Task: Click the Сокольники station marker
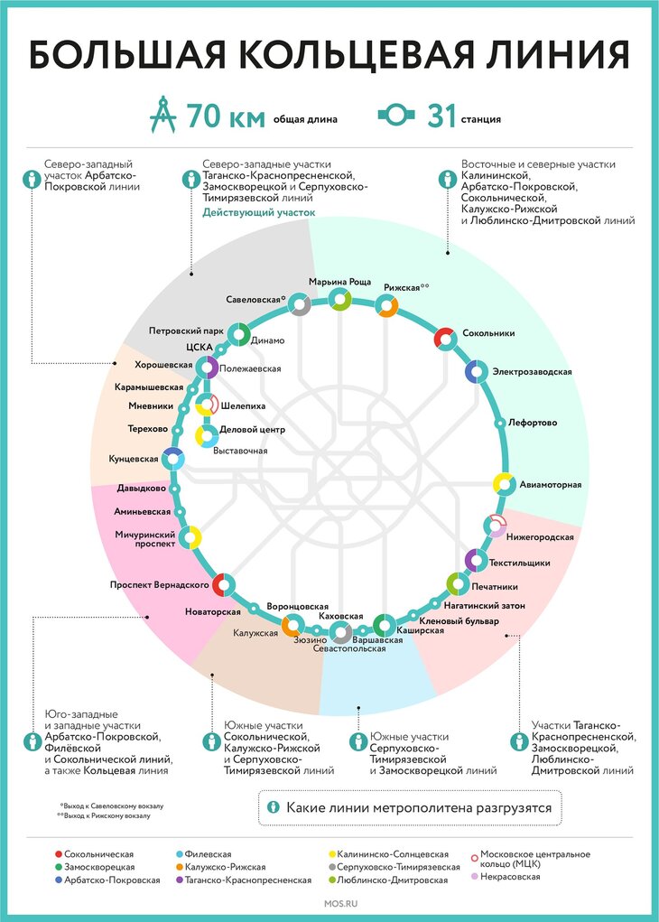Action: click(444, 338)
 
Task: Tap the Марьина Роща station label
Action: click(339, 283)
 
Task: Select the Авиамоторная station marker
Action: click(504, 483)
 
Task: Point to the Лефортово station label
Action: click(533, 423)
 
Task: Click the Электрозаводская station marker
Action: click(476, 371)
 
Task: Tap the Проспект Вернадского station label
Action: click(160, 584)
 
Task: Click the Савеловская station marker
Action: click(300, 306)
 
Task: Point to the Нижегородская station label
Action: click(540, 536)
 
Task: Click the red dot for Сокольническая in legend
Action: click(59, 853)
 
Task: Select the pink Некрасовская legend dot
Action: click(475, 877)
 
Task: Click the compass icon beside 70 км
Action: click(162, 116)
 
